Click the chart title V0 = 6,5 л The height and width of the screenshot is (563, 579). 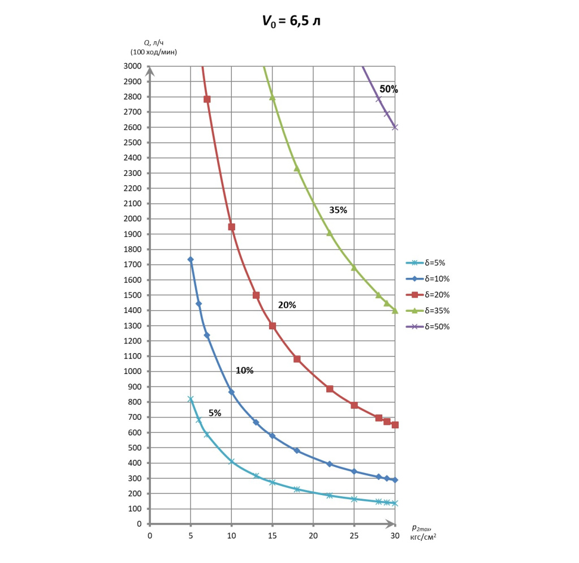tap(289, 21)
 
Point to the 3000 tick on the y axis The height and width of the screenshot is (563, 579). tap(133, 66)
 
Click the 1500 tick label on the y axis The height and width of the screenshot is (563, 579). tap(133, 295)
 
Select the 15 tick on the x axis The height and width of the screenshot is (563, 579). tap(272, 535)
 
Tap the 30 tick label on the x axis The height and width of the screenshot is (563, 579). tap(394, 535)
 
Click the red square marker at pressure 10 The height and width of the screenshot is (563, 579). tap(231, 227)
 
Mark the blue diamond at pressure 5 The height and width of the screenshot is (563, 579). tap(191, 260)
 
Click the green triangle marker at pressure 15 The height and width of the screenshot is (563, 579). tap(272, 97)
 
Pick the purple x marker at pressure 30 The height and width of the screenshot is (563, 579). tap(395, 127)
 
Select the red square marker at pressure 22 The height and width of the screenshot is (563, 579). tap(330, 389)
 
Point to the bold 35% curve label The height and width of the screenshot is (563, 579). tap(338, 210)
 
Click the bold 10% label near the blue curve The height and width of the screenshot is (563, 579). tap(244, 371)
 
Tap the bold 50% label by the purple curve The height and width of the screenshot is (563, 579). tap(388, 89)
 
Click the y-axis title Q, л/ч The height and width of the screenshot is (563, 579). tap(154, 42)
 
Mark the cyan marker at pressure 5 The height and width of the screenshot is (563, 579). tap(191, 399)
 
